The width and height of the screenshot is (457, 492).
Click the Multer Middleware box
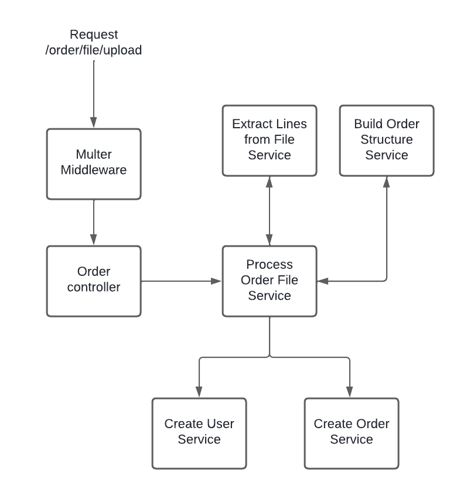[x=94, y=164]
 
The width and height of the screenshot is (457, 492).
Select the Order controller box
[x=94, y=281]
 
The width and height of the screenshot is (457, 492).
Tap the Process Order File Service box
[x=270, y=281]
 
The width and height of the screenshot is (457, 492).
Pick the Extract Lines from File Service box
[x=270, y=141]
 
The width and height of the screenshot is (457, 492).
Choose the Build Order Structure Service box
[x=387, y=141]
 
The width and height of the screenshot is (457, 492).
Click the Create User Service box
[x=199, y=433]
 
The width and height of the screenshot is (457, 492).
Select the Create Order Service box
[x=352, y=433]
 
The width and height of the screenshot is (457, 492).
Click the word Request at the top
[x=94, y=35]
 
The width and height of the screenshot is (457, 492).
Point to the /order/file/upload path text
[x=94, y=50]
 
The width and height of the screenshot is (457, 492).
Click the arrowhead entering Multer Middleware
[x=94, y=122]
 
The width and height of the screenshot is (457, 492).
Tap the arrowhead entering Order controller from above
[x=94, y=240]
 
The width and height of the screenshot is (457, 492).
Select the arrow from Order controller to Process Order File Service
[x=182, y=281]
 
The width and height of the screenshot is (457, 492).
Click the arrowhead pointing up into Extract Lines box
[x=270, y=182]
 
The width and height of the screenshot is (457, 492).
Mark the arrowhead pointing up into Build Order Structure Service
[x=387, y=182]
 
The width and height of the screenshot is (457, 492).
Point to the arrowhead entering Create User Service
[x=199, y=392]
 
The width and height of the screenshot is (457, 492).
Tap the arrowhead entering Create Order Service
[x=350, y=392]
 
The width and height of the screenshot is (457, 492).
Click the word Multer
[x=94, y=155]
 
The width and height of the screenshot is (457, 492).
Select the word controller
[x=94, y=287]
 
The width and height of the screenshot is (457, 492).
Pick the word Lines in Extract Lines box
[x=291, y=124]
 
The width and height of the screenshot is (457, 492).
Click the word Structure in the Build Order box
[x=387, y=139]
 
